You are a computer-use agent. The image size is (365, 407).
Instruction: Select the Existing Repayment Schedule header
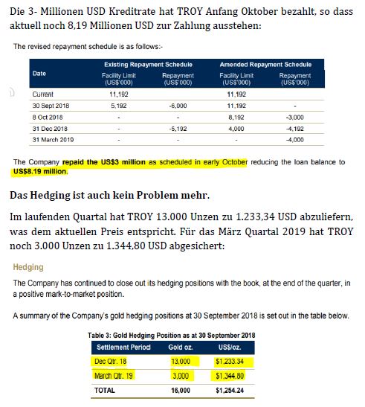coord(147,65)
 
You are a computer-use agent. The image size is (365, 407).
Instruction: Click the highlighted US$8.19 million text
coord(39,172)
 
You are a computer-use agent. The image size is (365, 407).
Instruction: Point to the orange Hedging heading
coord(30,267)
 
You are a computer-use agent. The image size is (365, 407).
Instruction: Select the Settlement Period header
coord(120,347)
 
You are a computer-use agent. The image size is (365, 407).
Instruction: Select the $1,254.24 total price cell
coord(239,389)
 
